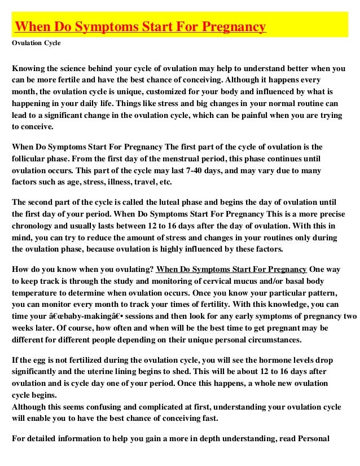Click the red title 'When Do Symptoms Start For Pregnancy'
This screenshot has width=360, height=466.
point(140,27)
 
